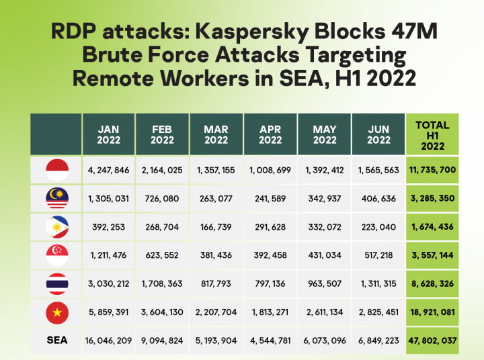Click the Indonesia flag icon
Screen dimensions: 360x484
coord(56,170)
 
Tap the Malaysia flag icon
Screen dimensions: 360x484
coord(56,199)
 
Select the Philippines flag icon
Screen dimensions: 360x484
coord(56,227)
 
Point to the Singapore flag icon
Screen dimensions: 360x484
coord(56,255)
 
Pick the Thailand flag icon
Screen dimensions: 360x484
coord(56,283)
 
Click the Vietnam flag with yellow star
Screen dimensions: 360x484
coord(56,312)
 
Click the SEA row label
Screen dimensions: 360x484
coord(57,341)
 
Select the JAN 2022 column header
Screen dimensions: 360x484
coord(108,134)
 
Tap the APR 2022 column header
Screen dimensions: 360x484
coord(270,134)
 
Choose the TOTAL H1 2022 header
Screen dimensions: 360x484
coord(432,135)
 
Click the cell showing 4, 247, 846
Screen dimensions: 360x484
coord(108,170)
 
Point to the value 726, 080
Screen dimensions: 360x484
coord(162,199)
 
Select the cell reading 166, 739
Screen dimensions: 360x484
coord(216,227)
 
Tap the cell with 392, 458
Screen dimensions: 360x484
coord(270,255)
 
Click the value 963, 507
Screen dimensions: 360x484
coord(323,283)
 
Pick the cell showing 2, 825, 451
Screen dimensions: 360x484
coord(377,312)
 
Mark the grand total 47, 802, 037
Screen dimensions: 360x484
coord(432,341)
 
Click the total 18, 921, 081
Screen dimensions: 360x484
coord(432,312)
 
